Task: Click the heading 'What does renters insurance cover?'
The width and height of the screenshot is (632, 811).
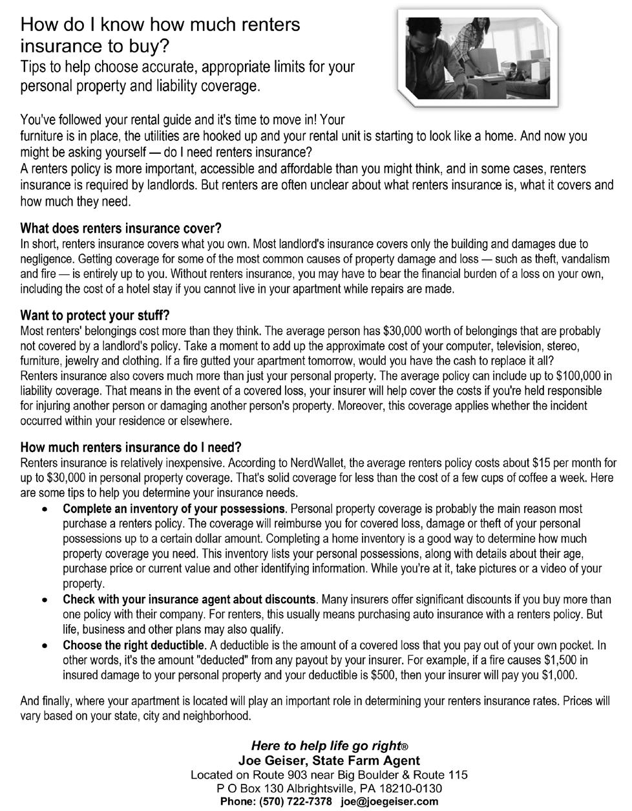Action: pyautogui.click(x=121, y=229)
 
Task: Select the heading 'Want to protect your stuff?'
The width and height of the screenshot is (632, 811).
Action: pyautogui.click(x=95, y=316)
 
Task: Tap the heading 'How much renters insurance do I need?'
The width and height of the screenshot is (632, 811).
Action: pyautogui.click(x=131, y=448)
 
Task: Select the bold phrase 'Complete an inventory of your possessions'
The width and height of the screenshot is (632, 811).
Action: pyautogui.click(x=174, y=509)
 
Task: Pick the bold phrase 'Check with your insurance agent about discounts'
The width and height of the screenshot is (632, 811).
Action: pyautogui.click(x=189, y=600)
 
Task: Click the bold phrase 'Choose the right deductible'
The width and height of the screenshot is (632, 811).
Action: pyautogui.click(x=134, y=645)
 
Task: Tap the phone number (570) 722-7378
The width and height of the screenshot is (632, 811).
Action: pyautogui.click(x=296, y=801)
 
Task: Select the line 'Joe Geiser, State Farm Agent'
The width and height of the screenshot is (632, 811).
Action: pyautogui.click(x=329, y=761)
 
